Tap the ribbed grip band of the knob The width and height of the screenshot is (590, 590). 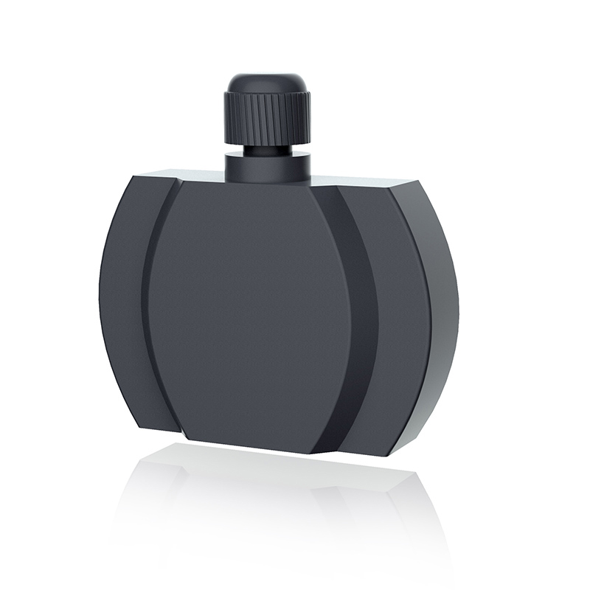[266, 118]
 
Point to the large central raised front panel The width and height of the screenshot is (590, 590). [251, 310]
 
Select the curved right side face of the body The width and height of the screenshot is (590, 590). [442, 310]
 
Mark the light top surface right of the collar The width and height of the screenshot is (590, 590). [354, 181]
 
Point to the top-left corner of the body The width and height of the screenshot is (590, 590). [132, 177]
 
